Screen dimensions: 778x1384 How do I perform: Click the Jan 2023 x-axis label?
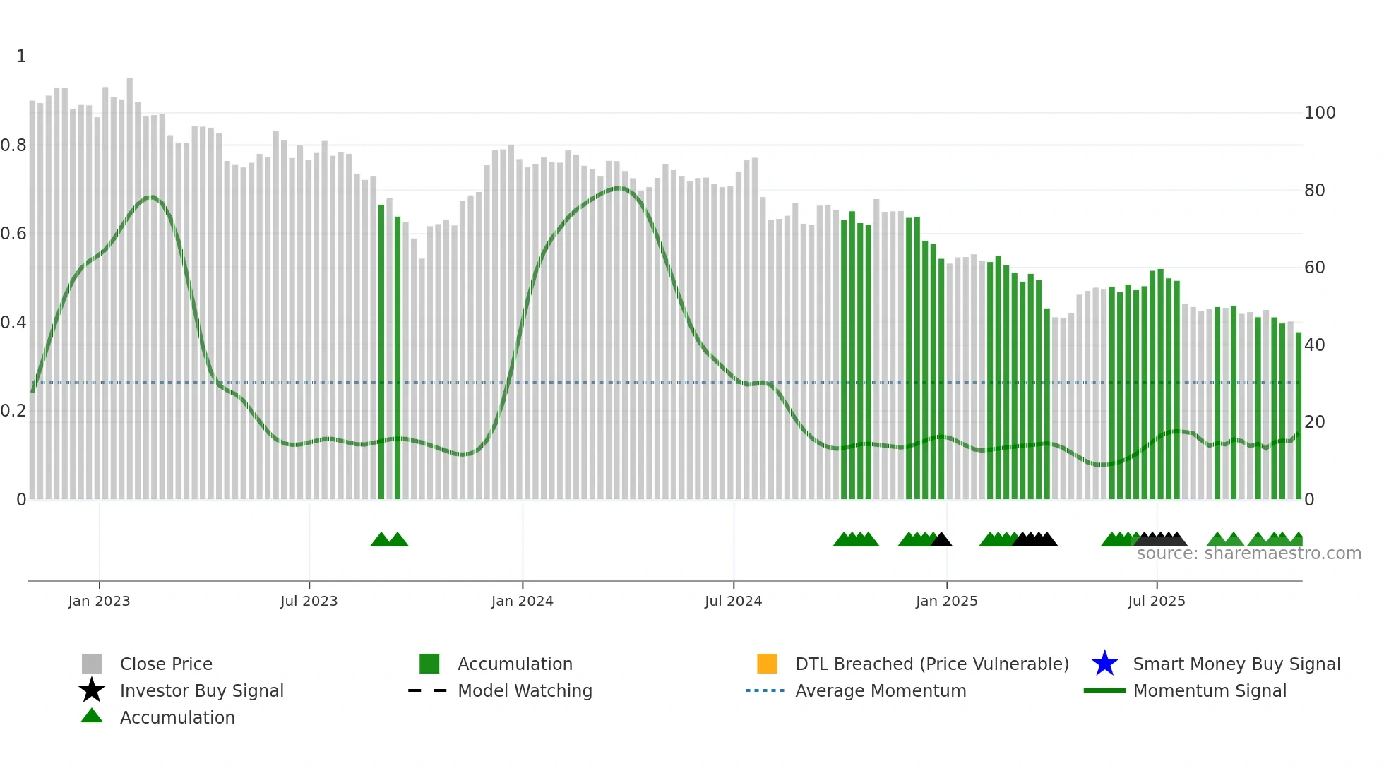(99, 601)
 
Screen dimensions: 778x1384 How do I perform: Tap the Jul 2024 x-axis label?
(733, 601)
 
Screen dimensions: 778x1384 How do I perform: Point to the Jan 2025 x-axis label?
(946, 601)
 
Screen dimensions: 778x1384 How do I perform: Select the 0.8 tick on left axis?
(13, 145)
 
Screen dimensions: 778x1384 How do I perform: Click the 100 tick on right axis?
(1319, 113)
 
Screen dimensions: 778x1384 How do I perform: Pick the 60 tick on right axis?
(1314, 268)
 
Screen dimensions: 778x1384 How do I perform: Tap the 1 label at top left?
(21, 56)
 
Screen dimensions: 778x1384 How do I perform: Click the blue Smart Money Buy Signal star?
(1104, 664)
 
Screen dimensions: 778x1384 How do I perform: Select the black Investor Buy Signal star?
(92, 690)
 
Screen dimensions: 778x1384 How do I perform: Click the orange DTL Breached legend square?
(767, 664)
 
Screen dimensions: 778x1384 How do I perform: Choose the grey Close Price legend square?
(92, 664)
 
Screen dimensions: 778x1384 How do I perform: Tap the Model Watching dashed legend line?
(428, 690)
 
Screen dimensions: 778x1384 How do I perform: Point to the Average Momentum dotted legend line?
(765, 690)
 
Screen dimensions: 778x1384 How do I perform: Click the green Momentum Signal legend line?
(1104, 690)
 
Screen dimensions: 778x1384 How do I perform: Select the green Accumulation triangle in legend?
(92, 717)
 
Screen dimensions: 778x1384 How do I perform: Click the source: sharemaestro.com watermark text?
(1248, 553)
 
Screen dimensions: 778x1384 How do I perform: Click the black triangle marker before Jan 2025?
(941, 540)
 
